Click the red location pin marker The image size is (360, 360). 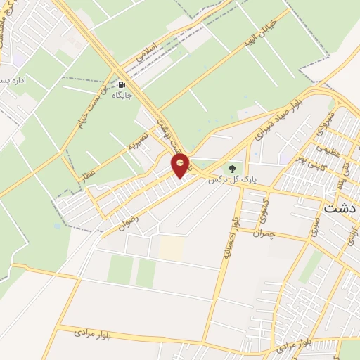[x=181, y=166]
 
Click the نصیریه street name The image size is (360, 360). [x=135, y=143]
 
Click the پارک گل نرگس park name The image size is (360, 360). [x=233, y=180]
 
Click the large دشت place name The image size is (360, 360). [x=341, y=209]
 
